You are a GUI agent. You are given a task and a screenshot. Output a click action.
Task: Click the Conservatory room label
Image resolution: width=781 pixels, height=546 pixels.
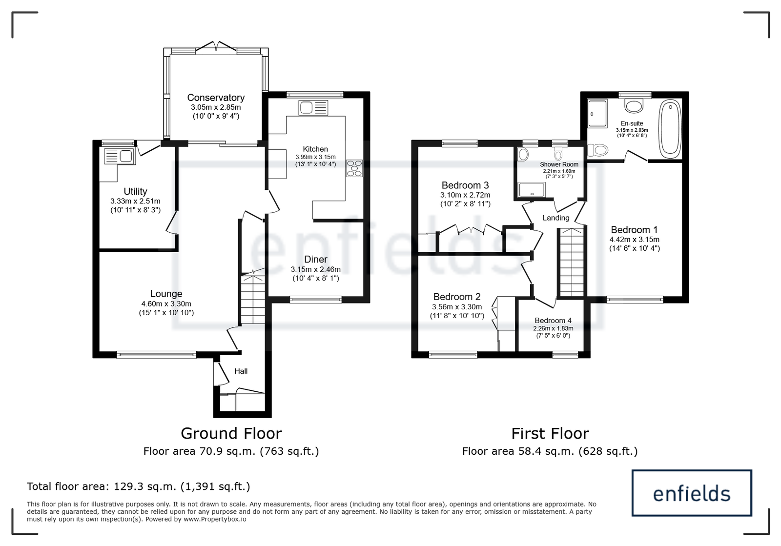click(216, 98)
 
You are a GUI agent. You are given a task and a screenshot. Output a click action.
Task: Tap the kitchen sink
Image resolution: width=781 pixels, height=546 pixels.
click(313, 108)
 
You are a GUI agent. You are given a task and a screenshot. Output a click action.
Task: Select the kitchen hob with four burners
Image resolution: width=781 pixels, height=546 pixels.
click(354, 168)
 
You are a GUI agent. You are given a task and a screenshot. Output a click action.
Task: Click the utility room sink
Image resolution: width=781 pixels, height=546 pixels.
click(119, 156)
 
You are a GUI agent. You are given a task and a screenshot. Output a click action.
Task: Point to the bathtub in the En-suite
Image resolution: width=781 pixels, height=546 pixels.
click(670, 129)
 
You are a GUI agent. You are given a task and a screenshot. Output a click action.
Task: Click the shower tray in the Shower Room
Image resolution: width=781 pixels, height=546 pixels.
click(532, 190)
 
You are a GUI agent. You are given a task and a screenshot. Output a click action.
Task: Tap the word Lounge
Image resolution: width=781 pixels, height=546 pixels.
click(166, 294)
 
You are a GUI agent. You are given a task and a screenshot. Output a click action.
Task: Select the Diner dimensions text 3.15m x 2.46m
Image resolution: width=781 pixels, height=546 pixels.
click(315, 269)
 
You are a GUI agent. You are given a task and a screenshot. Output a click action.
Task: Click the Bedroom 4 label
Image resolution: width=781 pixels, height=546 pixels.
click(553, 321)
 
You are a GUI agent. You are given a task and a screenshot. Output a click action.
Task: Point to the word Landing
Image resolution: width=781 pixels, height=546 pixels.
click(556, 218)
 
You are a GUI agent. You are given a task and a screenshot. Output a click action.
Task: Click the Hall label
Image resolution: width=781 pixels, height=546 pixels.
click(241, 371)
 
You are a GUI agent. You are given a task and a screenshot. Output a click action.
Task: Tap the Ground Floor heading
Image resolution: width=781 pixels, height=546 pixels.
click(231, 433)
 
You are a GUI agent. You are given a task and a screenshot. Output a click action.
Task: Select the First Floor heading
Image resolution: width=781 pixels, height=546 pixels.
click(550, 433)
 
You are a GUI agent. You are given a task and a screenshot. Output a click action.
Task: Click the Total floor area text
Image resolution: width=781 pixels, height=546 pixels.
click(139, 486)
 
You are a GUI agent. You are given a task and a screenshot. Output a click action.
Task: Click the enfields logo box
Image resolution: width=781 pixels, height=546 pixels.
click(692, 493)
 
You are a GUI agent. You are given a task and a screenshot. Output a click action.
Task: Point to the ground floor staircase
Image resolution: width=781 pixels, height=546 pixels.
click(253, 299)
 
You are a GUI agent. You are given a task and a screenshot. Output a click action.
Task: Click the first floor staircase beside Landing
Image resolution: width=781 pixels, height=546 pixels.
click(572, 262)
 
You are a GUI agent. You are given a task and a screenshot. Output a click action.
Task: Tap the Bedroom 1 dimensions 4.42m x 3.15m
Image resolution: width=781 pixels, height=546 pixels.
click(634, 240)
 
